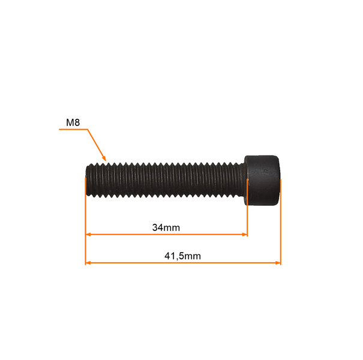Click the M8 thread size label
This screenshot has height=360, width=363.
[73, 122]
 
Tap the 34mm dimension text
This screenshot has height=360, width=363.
[166, 227]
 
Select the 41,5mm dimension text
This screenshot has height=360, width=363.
[182, 256]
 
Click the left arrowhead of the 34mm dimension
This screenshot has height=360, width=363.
[88, 235]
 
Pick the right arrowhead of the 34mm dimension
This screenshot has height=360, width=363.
[244, 235]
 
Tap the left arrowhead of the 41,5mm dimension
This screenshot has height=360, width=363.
[88, 263]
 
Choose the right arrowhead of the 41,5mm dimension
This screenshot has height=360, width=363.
[278, 263]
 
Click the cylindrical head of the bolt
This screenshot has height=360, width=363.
[262, 181]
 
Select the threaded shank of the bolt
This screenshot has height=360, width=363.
[165, 180]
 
